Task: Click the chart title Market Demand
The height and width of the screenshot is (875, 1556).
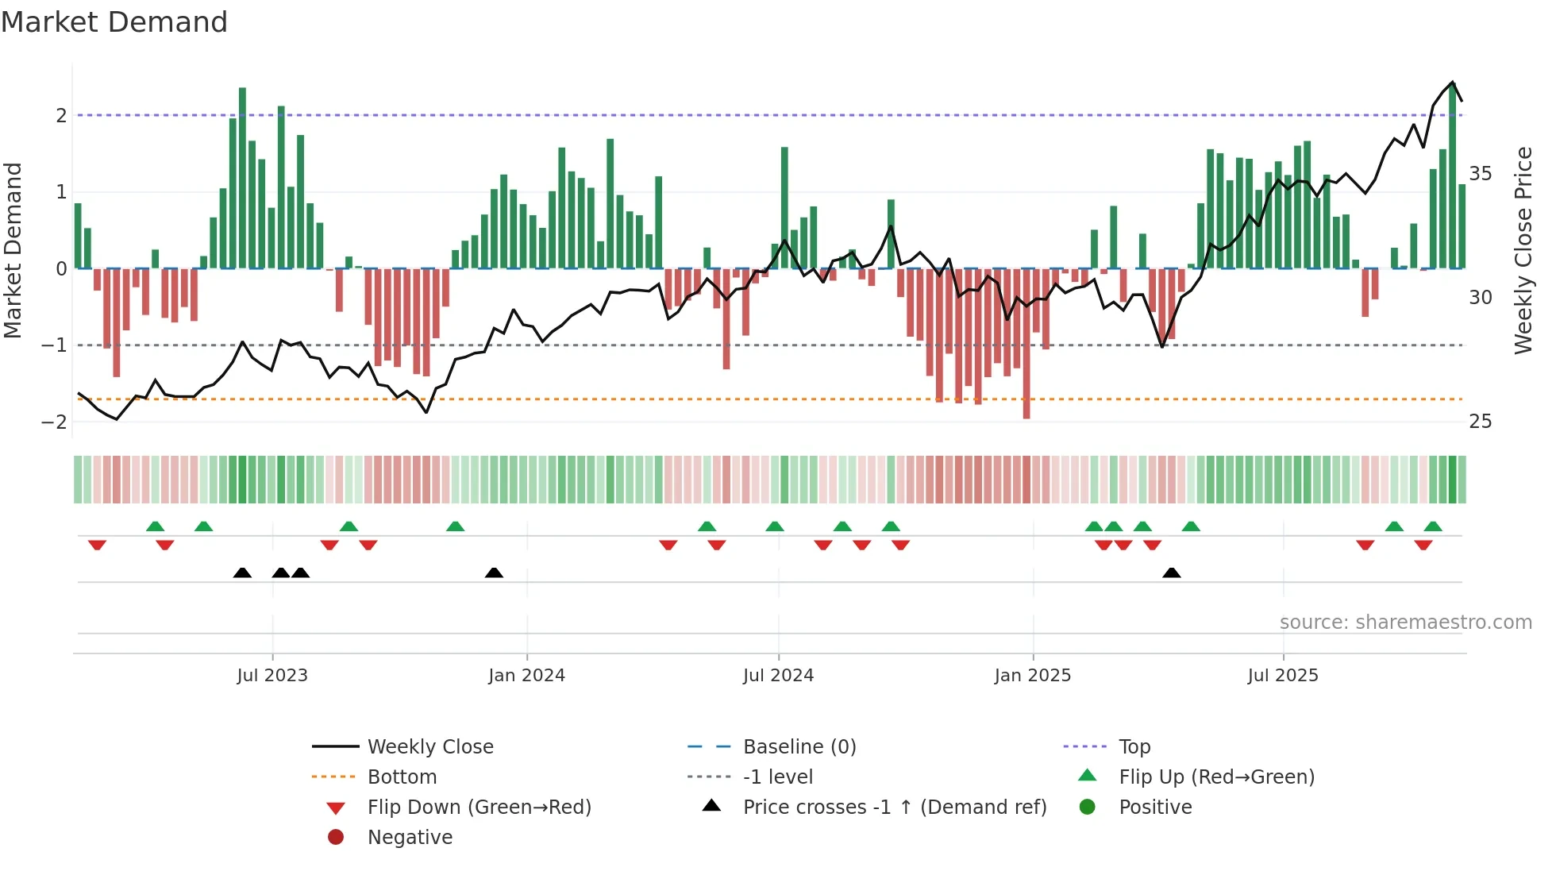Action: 114,22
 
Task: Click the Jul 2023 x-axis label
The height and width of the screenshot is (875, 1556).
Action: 272,676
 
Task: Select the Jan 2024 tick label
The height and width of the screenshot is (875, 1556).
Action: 526,676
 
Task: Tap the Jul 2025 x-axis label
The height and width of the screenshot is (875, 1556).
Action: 1282,676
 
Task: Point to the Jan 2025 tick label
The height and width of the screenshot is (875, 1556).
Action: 1032,676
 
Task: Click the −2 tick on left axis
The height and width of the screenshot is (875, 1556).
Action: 54,422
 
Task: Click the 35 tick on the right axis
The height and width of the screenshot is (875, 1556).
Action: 1480,174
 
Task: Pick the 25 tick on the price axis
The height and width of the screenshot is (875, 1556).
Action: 1480,422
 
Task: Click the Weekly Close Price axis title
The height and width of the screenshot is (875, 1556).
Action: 1523,250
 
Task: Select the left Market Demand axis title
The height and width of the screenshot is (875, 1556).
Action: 13,250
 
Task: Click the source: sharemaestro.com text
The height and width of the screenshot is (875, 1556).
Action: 1405,623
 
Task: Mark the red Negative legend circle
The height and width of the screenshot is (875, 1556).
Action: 336,838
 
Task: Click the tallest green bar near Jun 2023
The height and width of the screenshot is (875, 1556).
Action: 242,178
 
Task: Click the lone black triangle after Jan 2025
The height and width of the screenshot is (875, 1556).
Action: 1171,572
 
